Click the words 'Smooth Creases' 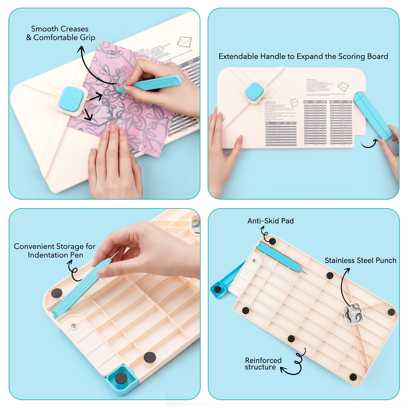(x=60, y=29)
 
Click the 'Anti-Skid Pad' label (x=270, y=221)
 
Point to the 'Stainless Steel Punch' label (x=360, y=260)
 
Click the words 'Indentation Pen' (x=55, y=255)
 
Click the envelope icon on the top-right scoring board (x=343, y=87)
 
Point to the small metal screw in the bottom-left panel (x=74, y=326)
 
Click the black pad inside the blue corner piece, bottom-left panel (x=121, y=378)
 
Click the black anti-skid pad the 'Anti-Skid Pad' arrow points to (x=272, y=241)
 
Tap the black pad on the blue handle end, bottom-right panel (x=217, y=289)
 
